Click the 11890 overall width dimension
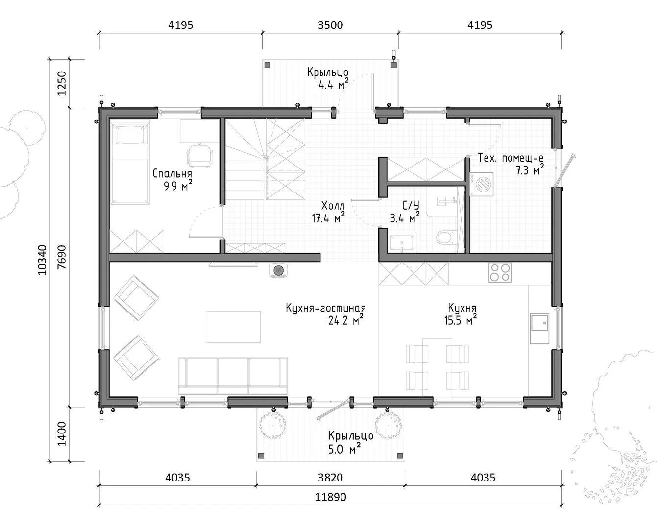[331, 497]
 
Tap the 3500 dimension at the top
[330, 25]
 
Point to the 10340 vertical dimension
[42, 260]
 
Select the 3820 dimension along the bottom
[330, 477]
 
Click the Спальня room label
[172, 174]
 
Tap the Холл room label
[333, 206]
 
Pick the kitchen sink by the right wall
[539, 328]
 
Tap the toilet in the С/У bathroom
[445, 237]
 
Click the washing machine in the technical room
[482, 184]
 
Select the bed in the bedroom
[130, 162]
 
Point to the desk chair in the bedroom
[199, 155]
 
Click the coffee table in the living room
[233, 327]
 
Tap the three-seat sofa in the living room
[233, 376]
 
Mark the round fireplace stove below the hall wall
[278, 270]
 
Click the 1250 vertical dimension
[62, 83]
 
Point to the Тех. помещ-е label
[511, 158]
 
